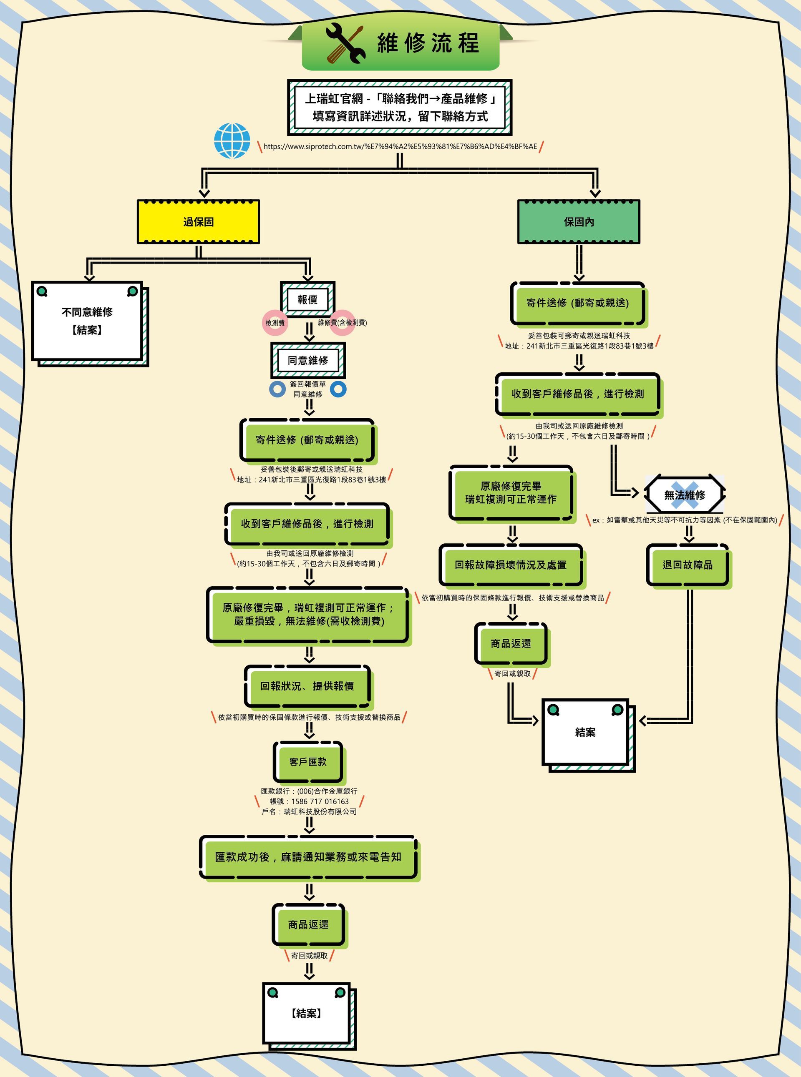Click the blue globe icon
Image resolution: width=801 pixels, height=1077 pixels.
[232, 141]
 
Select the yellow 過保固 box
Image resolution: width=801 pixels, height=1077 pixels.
[198, 222]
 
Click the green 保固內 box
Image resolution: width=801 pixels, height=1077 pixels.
[579, 222]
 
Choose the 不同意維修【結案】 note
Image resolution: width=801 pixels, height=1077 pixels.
[88, 321]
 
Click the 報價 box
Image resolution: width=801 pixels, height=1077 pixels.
[307, 300]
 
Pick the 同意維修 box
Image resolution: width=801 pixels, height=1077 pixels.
[308, 360]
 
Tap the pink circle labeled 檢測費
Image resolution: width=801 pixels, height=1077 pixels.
[275, 323]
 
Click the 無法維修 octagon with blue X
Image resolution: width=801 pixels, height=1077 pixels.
[685, 495]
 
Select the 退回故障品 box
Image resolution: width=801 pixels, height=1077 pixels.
[688, 565]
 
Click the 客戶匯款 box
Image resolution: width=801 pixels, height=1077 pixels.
[308, 762]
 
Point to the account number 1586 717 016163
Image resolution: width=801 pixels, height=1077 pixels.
[320, 801]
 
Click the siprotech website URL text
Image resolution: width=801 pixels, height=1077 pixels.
[400, 146]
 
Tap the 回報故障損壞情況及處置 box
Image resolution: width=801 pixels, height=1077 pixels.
[511, 565]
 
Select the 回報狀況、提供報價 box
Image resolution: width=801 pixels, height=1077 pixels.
[307, 686]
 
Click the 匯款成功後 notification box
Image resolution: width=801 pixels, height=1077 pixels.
[308, 857]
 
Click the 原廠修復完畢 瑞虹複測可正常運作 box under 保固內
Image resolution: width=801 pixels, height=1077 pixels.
[511, 493]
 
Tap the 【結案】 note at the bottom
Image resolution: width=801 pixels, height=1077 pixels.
[307, 1014]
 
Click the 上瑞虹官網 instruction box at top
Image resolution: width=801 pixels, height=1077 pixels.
[400, 107]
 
